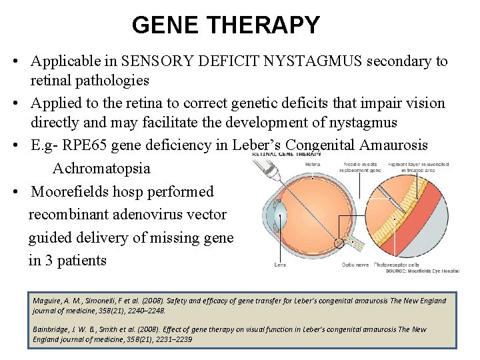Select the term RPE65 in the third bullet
[87, 146]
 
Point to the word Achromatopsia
[101, 169]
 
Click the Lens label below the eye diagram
[281, 265]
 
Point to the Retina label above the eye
[312, 164]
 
